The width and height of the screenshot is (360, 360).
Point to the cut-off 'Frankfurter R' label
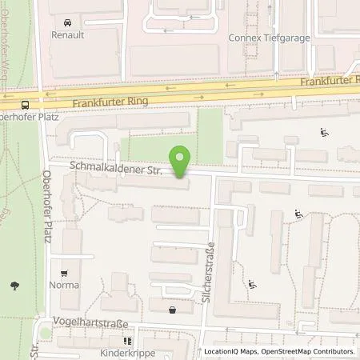tap(330, 81)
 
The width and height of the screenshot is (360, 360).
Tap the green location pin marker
tap(182, 161)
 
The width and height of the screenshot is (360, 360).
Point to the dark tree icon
tap(14, 284)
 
